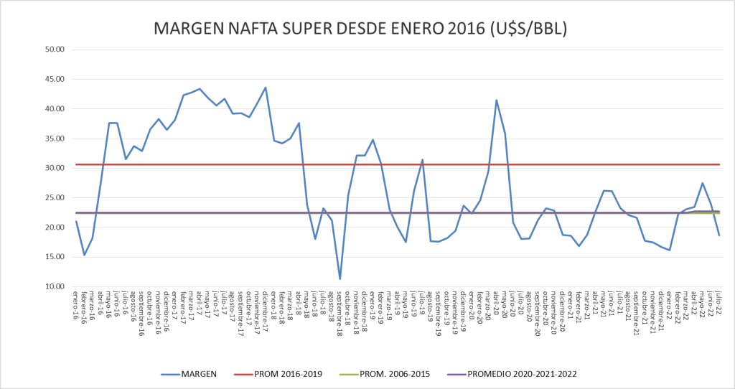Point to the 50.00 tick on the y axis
(55, 50)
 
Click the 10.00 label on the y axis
(55, 286)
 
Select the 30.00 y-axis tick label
(55, 168)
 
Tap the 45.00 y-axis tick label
(55, 79)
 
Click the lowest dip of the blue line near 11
(340, 279)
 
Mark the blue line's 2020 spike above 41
(496, 100)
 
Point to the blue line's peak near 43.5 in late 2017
(266, 88)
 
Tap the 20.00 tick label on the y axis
(55, 227)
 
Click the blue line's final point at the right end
(719, 235)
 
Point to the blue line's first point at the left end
(76, 221)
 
